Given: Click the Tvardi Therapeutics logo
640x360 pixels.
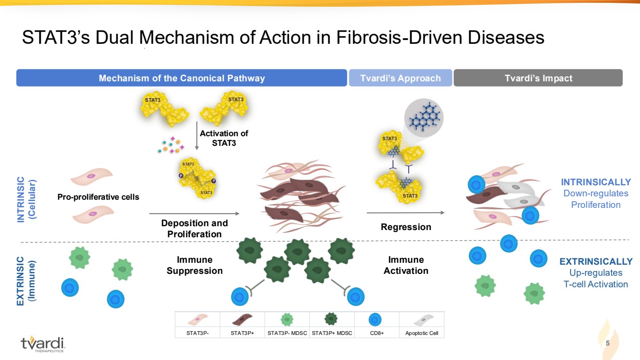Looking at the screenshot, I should click(x=43, y=343).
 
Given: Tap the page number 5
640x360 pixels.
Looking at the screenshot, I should click(x=608, y=344).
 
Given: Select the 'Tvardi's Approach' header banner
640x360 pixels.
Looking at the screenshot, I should click(x=400, y=78).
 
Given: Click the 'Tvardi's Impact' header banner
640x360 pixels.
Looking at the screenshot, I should click(x=538, y=78).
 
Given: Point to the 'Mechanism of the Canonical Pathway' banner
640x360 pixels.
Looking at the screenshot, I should click(x=181, y=78).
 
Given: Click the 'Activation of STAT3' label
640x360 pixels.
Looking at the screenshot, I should click(x=224, y=138).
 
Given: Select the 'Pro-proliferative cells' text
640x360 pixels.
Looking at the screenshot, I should click(x=98, y=197).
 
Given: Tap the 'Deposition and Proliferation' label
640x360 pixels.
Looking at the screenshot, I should click(x=194, y=229).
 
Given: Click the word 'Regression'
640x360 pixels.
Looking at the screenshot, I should click(x=406, y=227).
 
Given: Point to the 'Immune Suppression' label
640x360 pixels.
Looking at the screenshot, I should click(x=194, y=265).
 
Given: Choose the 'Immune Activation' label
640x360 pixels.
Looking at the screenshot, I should click(x=406, y=265).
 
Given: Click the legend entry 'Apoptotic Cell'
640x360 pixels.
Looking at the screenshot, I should click(x=422, y=333).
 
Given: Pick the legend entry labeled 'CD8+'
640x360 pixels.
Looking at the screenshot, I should click(x=376, y=333).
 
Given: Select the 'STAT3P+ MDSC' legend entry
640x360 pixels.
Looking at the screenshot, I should click(x=332, y=333).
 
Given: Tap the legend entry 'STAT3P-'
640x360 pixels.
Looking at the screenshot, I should click(x=197, y=333).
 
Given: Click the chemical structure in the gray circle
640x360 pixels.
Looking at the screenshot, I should click(x=423, y=117).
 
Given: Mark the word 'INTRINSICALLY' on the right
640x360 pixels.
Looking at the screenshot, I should click(x=596, y=182).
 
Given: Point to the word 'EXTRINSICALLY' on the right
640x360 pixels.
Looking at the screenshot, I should click(x=596, y=262).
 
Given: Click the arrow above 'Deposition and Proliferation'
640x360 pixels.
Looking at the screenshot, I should click(x=194, y=213).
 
